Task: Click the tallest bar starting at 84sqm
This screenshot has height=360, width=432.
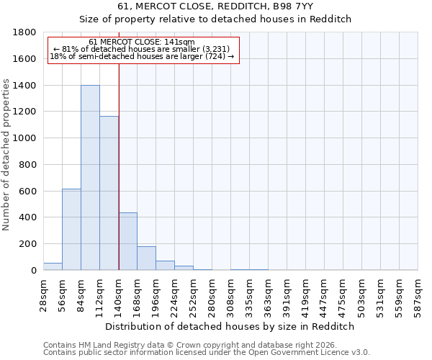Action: pos(90,178)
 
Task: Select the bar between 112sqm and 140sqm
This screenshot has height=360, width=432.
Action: pos(109,193)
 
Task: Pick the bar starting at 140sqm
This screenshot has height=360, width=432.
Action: pos(127,241)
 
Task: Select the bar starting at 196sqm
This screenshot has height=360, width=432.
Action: pos(165,266)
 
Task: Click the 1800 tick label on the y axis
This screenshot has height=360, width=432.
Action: pos(25,32)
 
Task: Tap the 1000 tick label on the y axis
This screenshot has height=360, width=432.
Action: pos(25,138)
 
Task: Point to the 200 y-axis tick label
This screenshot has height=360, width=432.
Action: pos(28,244)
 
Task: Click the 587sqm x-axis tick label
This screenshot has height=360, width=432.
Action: pos(418,294)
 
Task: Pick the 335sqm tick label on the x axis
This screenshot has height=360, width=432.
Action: pos(249,294)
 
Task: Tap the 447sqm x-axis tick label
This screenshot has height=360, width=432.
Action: pos(324,294)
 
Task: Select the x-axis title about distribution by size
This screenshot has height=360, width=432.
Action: pos(230,326)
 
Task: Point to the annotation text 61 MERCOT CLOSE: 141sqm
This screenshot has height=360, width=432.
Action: pos(142,42)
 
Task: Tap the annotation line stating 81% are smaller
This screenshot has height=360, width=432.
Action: pos(142,49)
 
